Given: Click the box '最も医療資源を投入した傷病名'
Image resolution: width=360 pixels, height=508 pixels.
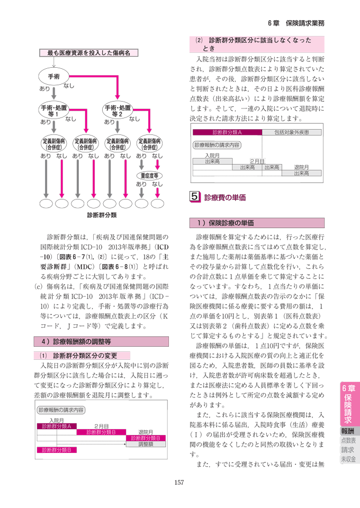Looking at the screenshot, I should tap(88, 53).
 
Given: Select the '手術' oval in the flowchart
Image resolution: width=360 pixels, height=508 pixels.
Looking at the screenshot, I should tap(53, 76).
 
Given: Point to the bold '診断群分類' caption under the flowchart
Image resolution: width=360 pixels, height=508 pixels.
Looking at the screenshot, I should tap(102, 215).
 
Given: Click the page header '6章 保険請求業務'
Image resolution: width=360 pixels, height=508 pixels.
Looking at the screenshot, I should tap(296, 23).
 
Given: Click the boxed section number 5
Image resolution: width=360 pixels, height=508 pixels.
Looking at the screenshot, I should tap(195, 197).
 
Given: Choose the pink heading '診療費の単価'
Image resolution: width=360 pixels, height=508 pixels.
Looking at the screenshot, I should tap(225, 198).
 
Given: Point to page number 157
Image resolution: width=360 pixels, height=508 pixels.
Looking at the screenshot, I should tap(180, 481).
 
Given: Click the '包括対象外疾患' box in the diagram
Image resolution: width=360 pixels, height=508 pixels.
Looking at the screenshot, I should tap(294, 132).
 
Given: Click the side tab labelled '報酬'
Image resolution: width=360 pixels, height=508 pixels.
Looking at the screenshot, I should tap(348, 431).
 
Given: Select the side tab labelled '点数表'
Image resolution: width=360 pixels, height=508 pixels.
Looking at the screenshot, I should tap(348, 441).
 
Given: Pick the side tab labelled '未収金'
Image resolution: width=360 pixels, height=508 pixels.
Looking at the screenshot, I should tap(348, 459).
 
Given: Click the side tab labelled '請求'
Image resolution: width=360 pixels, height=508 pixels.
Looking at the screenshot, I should tap(348, 450).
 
